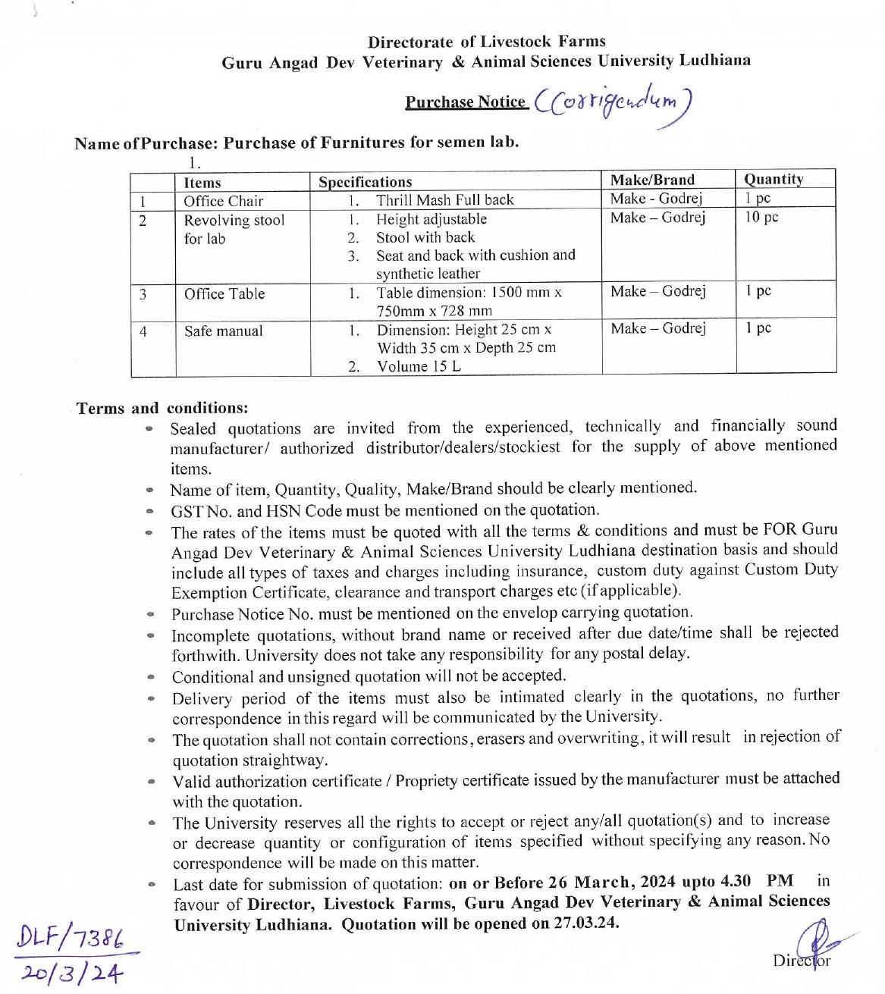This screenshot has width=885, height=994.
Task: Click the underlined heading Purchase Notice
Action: click(466, 102)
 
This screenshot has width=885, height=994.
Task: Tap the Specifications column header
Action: click(365, 182)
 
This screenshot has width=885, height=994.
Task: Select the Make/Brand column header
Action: click(652, 180)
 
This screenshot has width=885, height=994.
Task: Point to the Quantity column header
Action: click(773, 179)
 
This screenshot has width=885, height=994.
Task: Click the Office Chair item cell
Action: click(223, 201)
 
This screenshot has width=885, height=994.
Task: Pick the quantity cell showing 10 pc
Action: click(761, 217)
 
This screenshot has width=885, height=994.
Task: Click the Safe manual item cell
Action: click(223, 331)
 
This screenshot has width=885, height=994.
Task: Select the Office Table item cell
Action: click(224, 294)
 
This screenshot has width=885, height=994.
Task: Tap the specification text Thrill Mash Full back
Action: click(444, 200)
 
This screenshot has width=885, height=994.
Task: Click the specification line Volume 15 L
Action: click(419, 366)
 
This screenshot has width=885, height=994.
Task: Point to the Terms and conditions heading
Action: click(162, 408)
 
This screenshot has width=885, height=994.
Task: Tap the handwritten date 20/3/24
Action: click(71, 973)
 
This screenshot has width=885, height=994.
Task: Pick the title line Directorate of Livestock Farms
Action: click(486, 42)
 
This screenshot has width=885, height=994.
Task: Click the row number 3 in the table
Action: click(143, 294)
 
